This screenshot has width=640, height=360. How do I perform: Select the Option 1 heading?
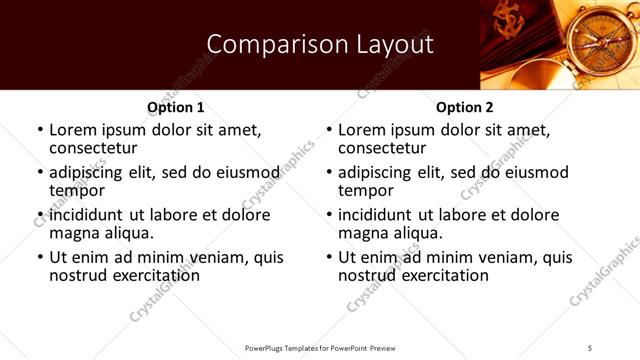tap(175, 107)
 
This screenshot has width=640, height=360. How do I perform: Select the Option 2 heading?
tap(463, 107)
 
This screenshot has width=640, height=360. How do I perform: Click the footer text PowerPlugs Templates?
tap(290, 347)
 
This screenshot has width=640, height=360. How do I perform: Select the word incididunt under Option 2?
tap(380, 215)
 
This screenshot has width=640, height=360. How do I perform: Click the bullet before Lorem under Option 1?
tap(40, 131)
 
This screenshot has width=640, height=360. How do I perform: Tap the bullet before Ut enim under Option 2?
tap(329, 257)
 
